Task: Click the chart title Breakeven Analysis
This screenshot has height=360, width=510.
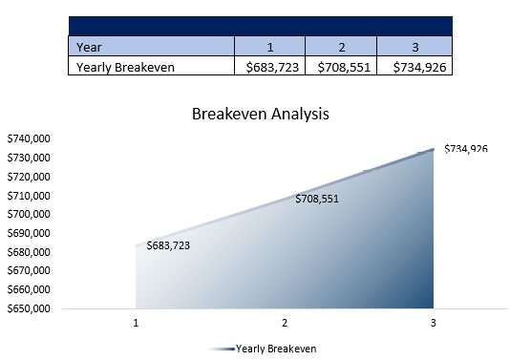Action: pyautogui.click(x=260, y=114)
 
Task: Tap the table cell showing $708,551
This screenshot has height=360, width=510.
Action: pyautogui.click(x=341, y=66)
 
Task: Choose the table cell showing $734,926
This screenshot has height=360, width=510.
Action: pyautogui.click(x=414, y=66)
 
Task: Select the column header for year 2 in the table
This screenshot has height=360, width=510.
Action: pyautogui.click(x=341, y=46)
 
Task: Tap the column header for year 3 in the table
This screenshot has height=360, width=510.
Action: pyautogui.click(x=414, y=46)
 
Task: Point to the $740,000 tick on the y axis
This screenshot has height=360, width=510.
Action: pyautogui.click(x=29, y=139)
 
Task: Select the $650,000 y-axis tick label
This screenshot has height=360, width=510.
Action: pyautogui.click(x=29, y=308)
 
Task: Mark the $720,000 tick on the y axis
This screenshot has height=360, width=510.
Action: pyautogui.click(x=29, y=177)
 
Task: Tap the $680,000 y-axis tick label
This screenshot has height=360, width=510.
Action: pyautogui.click(x=29, y=252)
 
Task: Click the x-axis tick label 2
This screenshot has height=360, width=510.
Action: pyautogui.click(x=285, y=324)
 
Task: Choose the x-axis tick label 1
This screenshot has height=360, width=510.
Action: pyautogui.click(x=137, y=324)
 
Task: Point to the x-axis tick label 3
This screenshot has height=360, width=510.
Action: pyautogui.click(x=433, y=324)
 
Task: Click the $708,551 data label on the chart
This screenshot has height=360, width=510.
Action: pyautogui.click(x=317, y=199)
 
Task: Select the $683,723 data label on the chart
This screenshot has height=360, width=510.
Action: pyautogui.click(x=168, y=245)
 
